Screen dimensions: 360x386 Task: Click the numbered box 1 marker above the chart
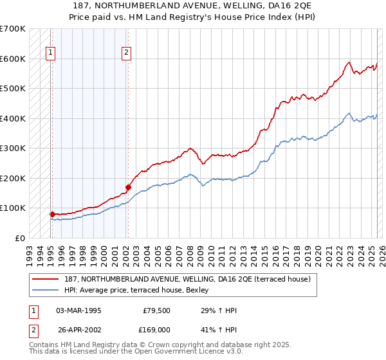point(50,53)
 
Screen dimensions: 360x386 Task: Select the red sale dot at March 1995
point(51,214)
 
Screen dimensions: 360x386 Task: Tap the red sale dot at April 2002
point(128,188)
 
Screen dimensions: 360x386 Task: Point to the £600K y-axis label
point(12,59)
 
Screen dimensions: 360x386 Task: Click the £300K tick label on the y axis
point(12,148)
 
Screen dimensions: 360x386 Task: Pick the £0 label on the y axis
point(20,238)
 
